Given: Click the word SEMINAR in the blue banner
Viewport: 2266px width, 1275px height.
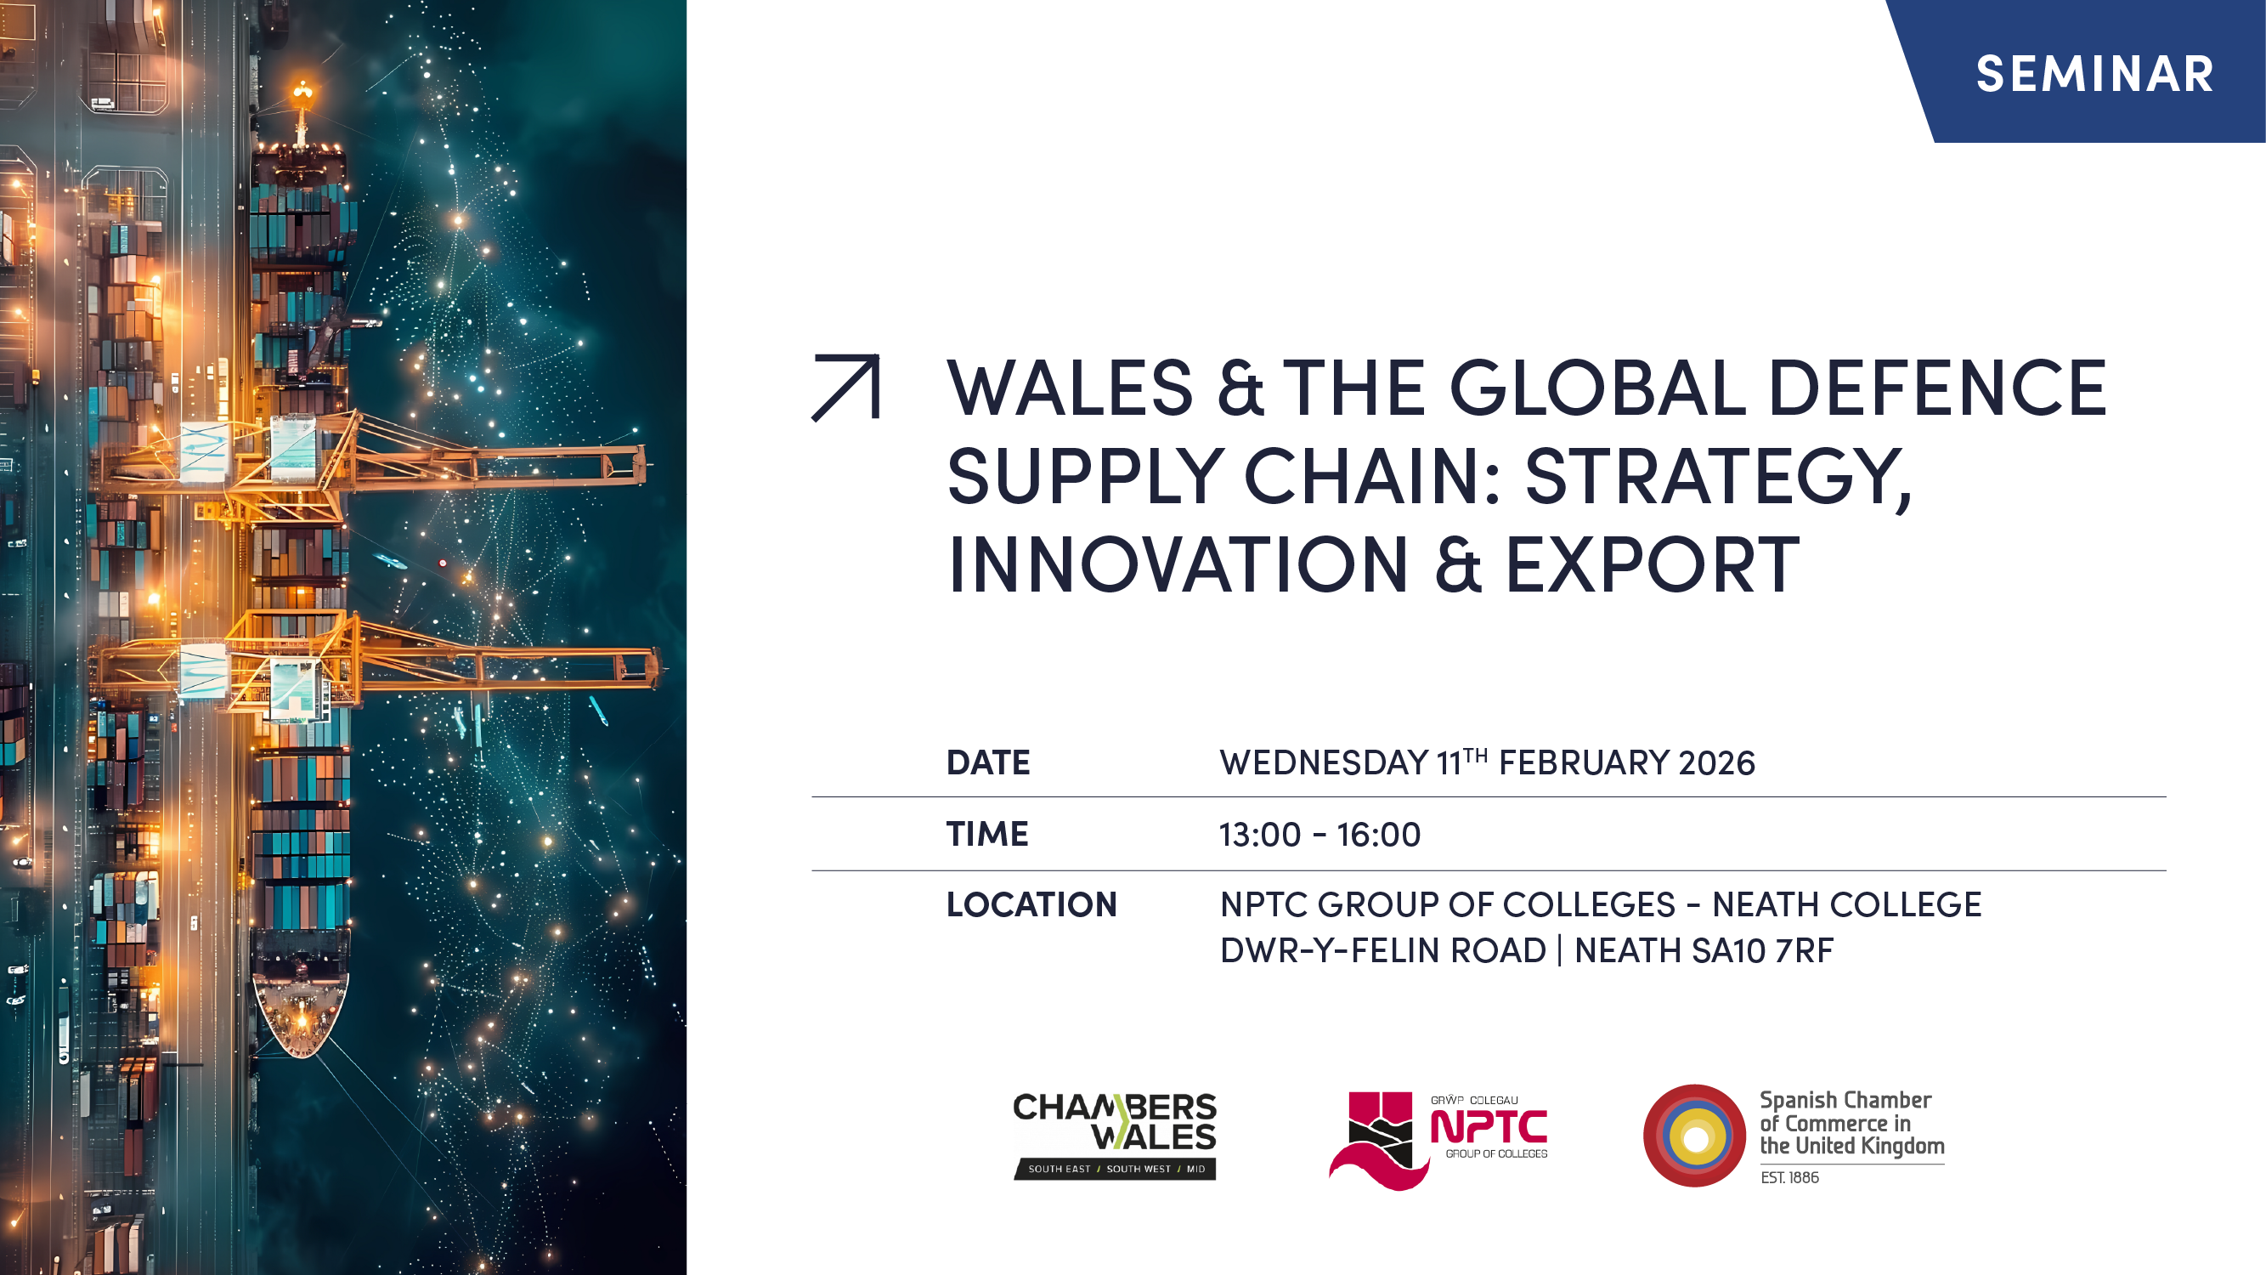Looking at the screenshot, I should (2094, 74).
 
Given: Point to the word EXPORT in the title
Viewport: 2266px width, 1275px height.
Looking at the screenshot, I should (1653, 565).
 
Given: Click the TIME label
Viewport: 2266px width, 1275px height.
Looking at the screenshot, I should (987, 834).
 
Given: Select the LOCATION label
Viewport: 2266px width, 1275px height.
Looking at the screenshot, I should (1031, 904).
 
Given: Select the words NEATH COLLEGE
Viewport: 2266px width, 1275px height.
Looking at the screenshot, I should (1846, 904).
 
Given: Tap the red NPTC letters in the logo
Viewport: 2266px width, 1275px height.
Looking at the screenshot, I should (1489, 1127).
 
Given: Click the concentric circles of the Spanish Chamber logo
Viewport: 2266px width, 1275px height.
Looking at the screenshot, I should (1694, 1136).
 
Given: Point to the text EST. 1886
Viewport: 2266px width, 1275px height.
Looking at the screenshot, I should (1789, 1177).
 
